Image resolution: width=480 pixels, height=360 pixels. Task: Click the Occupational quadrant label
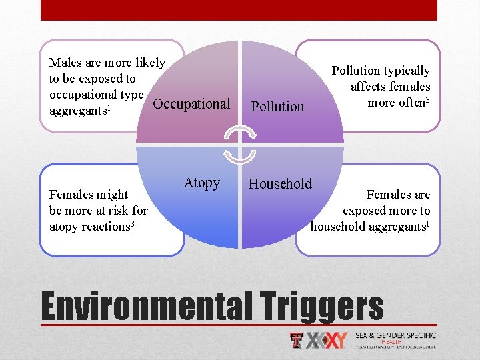click(x=191, y=104)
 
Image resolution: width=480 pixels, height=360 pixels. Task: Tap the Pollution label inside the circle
click(x=277, y=106)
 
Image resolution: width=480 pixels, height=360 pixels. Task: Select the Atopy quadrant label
click(x=201, y=183)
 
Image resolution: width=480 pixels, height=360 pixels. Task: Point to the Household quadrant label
click(x=280, y=184)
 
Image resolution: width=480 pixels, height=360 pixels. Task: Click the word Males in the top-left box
click(x=65, y=63)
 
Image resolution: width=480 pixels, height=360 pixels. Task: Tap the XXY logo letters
click(x=327, y=341)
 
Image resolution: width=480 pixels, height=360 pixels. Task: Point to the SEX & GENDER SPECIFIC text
click(x=395, y=335)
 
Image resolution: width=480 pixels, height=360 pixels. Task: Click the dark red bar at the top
click(x=239, y=10)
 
